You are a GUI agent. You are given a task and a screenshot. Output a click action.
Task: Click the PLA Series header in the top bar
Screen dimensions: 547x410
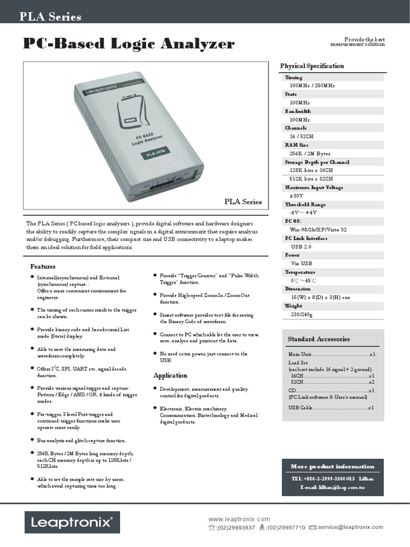click(x=51, y=17)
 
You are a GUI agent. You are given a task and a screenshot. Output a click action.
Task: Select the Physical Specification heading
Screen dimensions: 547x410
click(x=312, y=66)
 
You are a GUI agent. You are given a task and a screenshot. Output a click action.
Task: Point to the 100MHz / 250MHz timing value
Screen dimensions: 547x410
click(x=312, y=85)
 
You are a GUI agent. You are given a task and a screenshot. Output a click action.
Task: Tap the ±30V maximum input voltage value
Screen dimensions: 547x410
click(x=297, y=196)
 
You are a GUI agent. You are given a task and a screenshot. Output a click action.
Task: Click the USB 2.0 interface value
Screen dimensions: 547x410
click(x=301, y=247)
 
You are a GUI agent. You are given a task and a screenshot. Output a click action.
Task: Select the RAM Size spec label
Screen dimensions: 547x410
click(x=297, y=145)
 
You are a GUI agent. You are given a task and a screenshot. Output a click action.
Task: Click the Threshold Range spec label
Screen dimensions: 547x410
click(x=305, y=205)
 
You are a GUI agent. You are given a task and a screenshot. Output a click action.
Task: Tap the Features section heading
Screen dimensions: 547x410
click(x=43, y=266)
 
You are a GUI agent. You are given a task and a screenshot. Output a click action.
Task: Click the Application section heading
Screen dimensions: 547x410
click(x=170, y=376)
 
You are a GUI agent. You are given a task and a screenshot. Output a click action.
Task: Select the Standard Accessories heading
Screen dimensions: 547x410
click(x=319, y=339)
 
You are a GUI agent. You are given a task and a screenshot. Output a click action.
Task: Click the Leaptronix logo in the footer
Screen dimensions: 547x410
click(x=72, y=523)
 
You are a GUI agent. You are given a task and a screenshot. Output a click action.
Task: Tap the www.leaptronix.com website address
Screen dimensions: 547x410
click(x=239, y=519)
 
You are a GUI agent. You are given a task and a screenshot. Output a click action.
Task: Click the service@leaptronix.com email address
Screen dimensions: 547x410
click(x=350, y=527)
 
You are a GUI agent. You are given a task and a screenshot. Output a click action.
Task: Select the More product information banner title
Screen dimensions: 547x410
click(x=333, y=466)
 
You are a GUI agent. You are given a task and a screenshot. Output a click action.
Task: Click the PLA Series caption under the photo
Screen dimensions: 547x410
click(x=243, y=202)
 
